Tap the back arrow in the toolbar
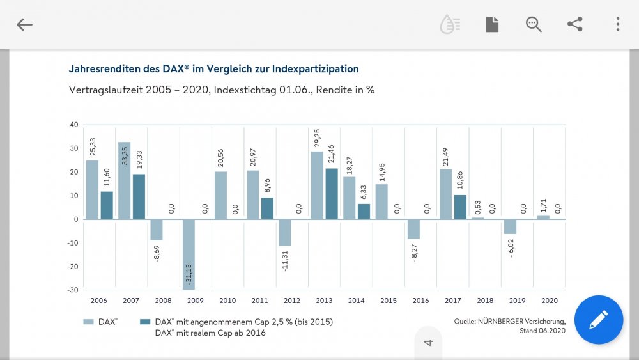(x=24, y=25)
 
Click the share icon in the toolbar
(x=575, y=24)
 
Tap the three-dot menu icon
(x=617, y=24)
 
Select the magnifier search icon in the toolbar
(x=534, y=24)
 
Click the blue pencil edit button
(x=599, y=320)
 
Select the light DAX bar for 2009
(x=189, y=254)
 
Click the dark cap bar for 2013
(x=331, y=194)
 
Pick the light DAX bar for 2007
(x=125, y=181)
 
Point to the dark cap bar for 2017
(x=459, y=207)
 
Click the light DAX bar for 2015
(x=382, y=202)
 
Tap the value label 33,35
(x=123, y=156)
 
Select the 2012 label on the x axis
(x=292, y=301)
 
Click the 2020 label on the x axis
(x=549, y=301)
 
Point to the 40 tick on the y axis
(x=74, y=125)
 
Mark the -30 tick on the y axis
(x=73, y=290)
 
